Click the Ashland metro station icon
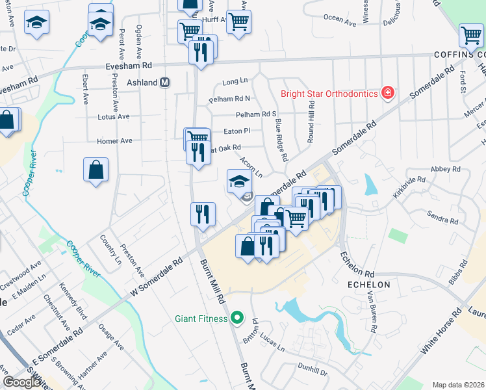tap(165, 83)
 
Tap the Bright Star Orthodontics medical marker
tap(388, 93)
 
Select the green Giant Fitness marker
tap(237, 318)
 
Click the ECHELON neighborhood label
tap(368, 285)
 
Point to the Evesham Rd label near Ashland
tap(129, 66)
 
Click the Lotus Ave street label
tap(114, 117)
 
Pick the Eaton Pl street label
tap(237, 131)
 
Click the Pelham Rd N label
tap(229, 99)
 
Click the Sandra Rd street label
tap(442, 216)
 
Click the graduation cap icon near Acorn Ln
tap(238, 180)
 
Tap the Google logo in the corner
tap(21, 382)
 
